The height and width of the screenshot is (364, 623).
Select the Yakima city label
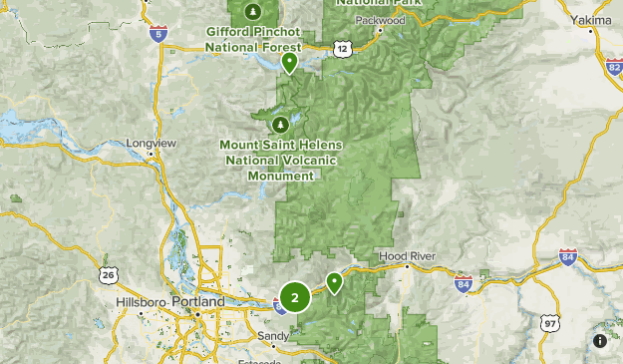pos(592,19)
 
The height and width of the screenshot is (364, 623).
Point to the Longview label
pos(152,144)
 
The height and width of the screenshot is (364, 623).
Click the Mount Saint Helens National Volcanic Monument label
pos(281,160)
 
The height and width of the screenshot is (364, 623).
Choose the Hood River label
pos(407,257)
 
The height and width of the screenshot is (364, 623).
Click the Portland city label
pos(197,301)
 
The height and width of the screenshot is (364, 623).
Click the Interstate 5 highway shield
pos(157,34)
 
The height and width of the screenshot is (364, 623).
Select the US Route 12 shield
pos(343,47)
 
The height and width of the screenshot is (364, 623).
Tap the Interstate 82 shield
pos(613,67)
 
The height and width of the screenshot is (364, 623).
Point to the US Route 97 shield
pos(550,322)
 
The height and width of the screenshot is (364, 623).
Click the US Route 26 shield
pos(108,274)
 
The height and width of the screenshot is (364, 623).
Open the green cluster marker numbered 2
pos(294,297)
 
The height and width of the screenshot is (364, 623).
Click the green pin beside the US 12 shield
pos(289,63)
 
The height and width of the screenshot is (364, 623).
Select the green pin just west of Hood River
pos(335,282)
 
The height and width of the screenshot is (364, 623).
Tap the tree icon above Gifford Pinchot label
pos(253,12)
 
